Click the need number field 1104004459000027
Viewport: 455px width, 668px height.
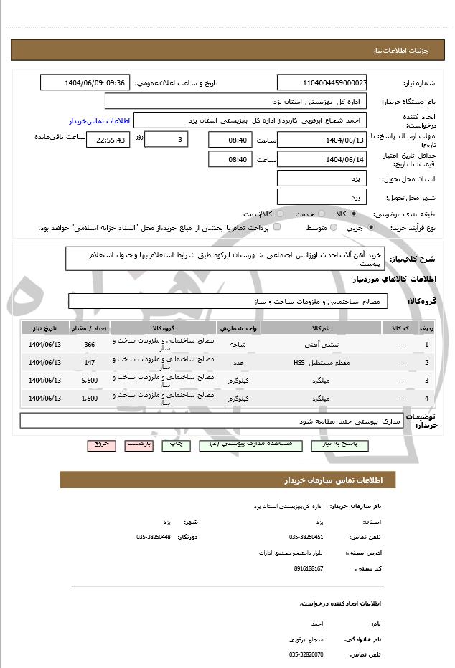(322, 82)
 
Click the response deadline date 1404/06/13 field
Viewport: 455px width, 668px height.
(322, 140)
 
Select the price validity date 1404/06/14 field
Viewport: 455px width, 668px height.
(322, 159)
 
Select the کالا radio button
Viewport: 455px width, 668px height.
(354, 214)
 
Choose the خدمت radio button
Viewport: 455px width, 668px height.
(320, 214)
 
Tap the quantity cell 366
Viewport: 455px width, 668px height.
(90, 345)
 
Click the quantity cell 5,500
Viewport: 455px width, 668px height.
(90, 380)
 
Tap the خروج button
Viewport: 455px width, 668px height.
(101, 444)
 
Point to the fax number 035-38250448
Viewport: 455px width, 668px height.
(154, 537)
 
